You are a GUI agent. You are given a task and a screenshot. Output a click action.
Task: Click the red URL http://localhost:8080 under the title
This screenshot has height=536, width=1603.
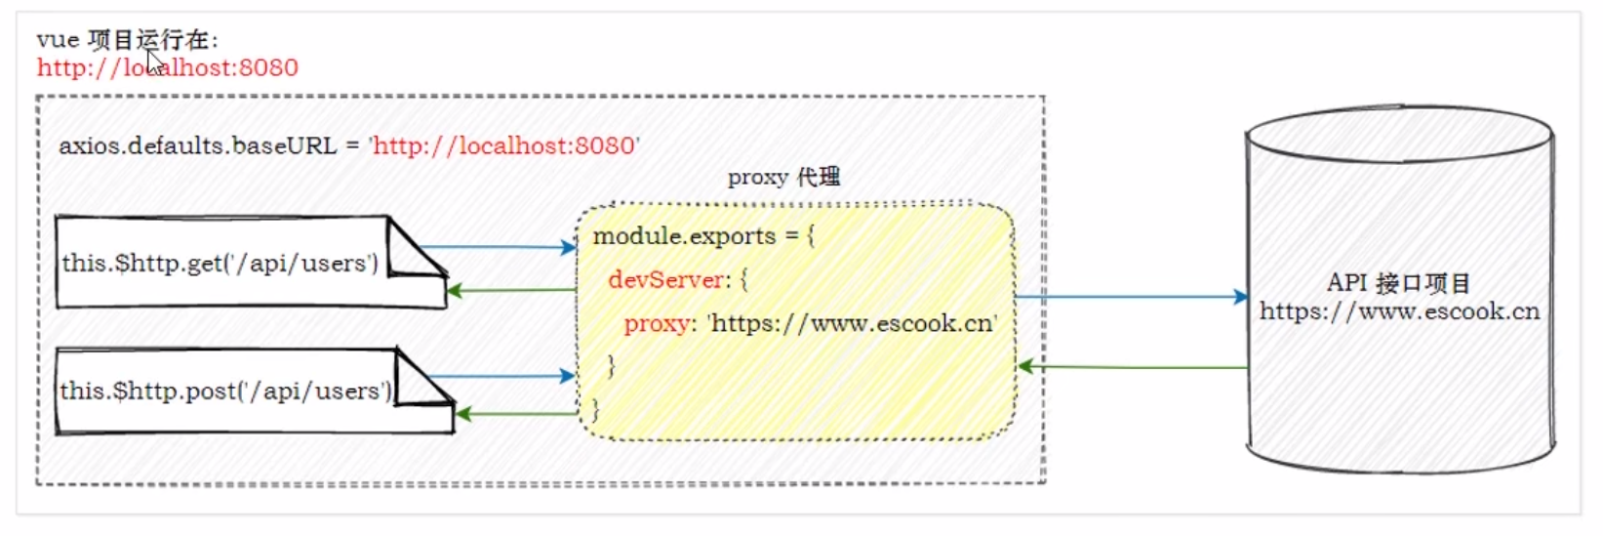point(168,67)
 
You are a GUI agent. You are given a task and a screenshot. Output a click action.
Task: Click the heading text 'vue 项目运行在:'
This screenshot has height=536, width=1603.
point(128,40)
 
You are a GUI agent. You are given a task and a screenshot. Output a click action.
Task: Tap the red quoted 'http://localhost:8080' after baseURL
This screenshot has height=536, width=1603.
point(504,146)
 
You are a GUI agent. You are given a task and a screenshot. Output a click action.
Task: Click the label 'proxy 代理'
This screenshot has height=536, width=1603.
point(783,178)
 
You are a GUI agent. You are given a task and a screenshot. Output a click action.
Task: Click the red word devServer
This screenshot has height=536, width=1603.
point(666,280)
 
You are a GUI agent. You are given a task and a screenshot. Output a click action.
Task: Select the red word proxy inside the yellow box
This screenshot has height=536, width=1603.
point(656,324)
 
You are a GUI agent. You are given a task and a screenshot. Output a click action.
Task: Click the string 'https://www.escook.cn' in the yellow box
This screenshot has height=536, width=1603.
point(853,324)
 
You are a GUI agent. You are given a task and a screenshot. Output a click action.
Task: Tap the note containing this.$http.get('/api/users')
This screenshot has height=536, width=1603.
point(220,264)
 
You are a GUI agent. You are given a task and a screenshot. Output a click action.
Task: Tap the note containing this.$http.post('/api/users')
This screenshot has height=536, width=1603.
point(225,392)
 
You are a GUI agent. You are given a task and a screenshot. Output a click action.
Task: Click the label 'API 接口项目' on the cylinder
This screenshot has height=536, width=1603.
point(1398,283)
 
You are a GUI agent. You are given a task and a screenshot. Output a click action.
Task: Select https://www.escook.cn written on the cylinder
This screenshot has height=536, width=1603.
point(1399,311)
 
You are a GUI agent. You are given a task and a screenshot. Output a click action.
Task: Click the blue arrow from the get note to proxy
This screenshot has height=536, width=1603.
point(498,247)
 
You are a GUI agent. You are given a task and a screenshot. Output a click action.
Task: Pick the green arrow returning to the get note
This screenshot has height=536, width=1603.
point(512,290)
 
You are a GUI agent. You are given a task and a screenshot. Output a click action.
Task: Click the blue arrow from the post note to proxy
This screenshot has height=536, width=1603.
point(501,376)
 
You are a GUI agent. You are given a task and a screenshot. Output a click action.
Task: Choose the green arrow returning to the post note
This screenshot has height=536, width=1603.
point(517,414)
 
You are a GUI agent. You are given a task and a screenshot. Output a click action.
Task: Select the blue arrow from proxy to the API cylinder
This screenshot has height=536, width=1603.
point(1132,296)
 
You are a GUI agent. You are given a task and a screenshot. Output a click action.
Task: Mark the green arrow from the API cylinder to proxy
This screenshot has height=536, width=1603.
point(1132,367)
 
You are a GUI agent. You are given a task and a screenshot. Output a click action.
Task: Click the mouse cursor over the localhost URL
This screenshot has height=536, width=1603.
point(155,63)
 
